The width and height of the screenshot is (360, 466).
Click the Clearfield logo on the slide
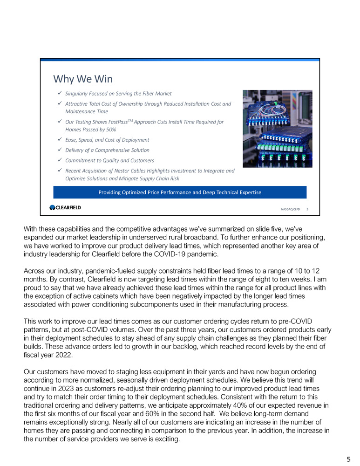coord(65,207)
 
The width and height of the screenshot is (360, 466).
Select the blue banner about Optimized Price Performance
coord(180,192)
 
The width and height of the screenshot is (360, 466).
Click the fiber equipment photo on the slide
coord(277,128)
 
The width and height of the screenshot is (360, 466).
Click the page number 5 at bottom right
coord(348,459)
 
